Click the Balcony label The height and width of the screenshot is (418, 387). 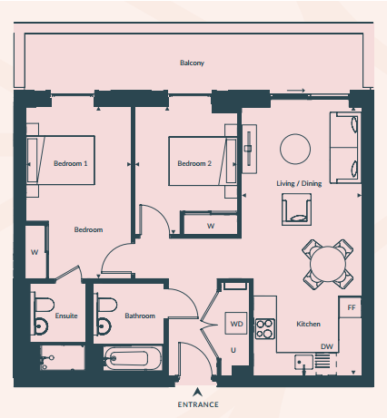[x=192, y=63]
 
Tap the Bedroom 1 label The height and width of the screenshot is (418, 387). [x=71, y=163]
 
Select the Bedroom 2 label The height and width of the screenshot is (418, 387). [x=194, y=163]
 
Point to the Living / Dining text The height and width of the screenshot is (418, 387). [x=299, y=183]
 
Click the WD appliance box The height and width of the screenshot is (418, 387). [x=236, y=324]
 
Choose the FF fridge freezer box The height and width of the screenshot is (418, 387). [x=350, y=307]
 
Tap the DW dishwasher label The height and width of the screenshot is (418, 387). [x=327, y=346]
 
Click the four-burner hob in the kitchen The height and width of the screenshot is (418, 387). [x=265, y=329]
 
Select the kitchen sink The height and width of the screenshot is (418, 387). [x=303, y=362]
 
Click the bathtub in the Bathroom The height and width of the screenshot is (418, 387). [x=131, y=358]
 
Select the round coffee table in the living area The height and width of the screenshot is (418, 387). [x=295, y=150]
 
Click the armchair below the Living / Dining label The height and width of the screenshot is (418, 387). [x=296, y=209]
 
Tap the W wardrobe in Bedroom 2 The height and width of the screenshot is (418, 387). [x=211, y=224]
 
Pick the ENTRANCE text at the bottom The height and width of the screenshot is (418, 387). [x=198, y=404]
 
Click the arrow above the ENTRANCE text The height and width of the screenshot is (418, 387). [x=197, y=392]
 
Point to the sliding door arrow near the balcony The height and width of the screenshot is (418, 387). [x=295, y=91]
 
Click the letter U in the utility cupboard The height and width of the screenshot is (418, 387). [x=233, y=350]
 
